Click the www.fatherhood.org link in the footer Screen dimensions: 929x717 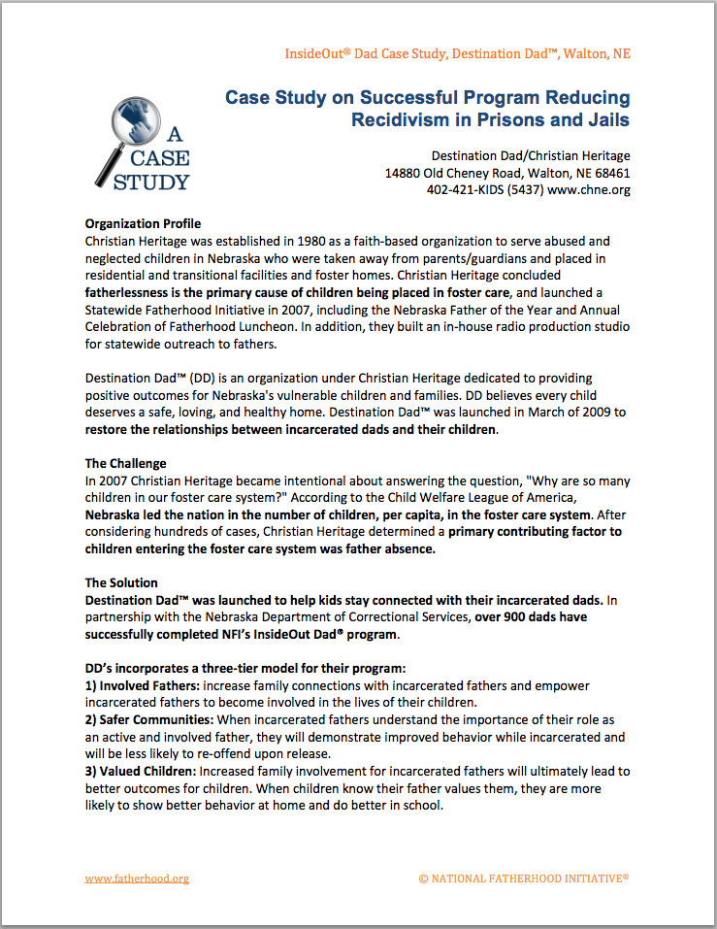coord(137,879)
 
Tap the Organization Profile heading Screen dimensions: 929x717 coord(143,224)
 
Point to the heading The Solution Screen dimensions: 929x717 coord(121,582)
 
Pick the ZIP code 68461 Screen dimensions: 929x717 coord(610,173)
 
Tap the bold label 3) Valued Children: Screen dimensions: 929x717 coord(145,771)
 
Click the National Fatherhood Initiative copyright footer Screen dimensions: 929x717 coord(524,879)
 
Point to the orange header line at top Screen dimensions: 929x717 coord(457,53)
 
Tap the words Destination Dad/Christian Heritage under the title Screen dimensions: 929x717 coord(531,156)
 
